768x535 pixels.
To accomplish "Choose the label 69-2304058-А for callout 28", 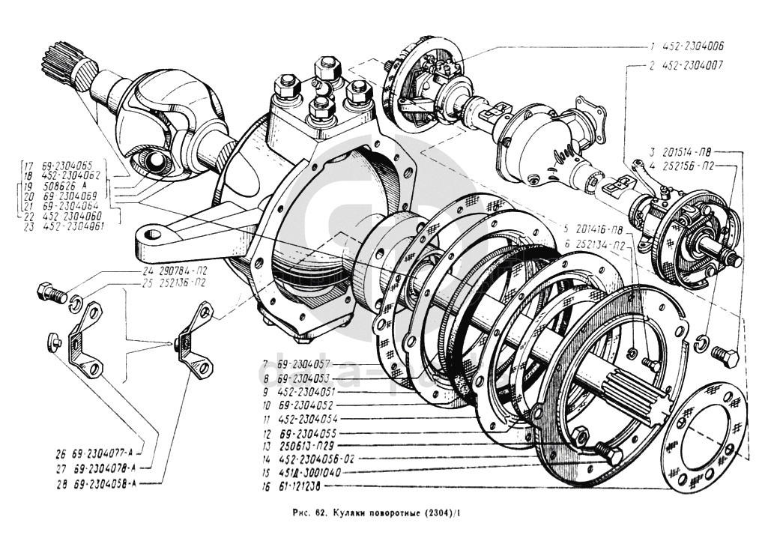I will (x=104, y=483).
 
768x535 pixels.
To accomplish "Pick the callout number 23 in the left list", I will (x=28, y=225).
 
